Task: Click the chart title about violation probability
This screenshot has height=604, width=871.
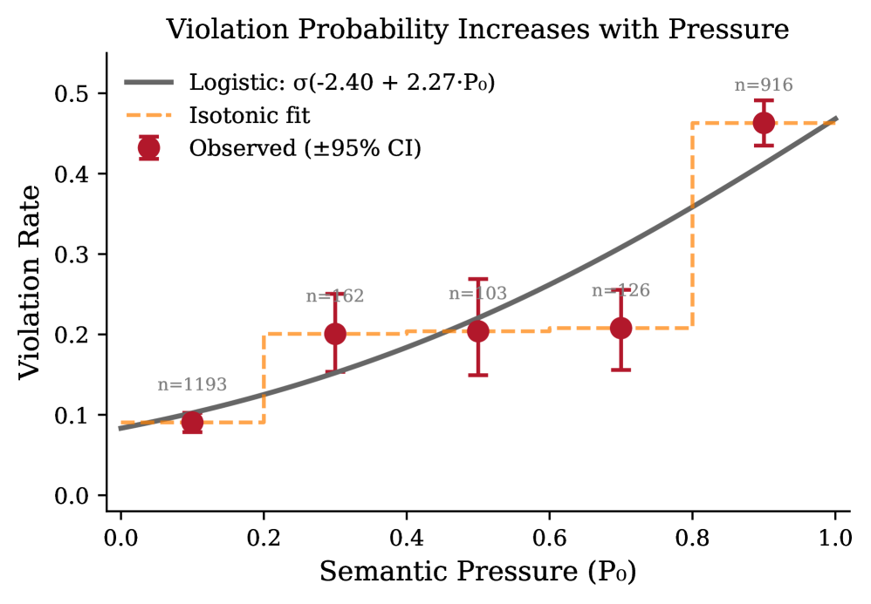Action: pos(477,29)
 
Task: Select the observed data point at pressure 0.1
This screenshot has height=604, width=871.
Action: pos(192,423)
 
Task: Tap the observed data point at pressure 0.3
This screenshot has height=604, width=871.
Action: pos(335,334)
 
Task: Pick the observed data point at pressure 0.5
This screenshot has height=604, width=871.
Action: pos(477,331)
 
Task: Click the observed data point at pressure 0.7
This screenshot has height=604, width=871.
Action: pos(621,328)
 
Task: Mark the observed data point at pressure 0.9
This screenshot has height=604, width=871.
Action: pos(764,123)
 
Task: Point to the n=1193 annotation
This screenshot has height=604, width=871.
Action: pos(192,385)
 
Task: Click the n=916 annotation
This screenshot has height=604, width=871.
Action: pos(764,85)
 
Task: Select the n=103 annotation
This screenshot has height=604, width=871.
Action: pos(477,294)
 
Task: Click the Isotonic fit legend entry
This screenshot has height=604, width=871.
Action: pos(250,115)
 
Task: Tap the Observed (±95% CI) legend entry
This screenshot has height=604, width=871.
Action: pos(305,148)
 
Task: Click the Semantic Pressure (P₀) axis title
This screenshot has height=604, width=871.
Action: pos(477,572)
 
